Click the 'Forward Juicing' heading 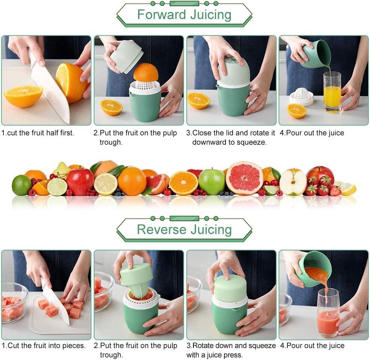pyautogui.click(x=184, y=15)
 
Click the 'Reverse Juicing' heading pyautogui.click(x=184, y=229)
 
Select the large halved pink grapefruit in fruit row pyautogui.click(x=244, y=178)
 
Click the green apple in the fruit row pyautogui.click(x=211, y=182)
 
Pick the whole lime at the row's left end pyautogui.click(x=22, y=185)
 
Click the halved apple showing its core pyautogui.click(x=293, y=182)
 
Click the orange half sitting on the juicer pyautogui.click(x=146, y=73)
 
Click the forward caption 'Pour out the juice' pyautogui.click(x=312, y=133)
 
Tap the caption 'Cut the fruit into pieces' pyautogui.click(x=44, y=346)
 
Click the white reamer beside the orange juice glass pyautogui.click(x=302, y=96)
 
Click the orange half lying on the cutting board pyautogui.click(x=23, y=96)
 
